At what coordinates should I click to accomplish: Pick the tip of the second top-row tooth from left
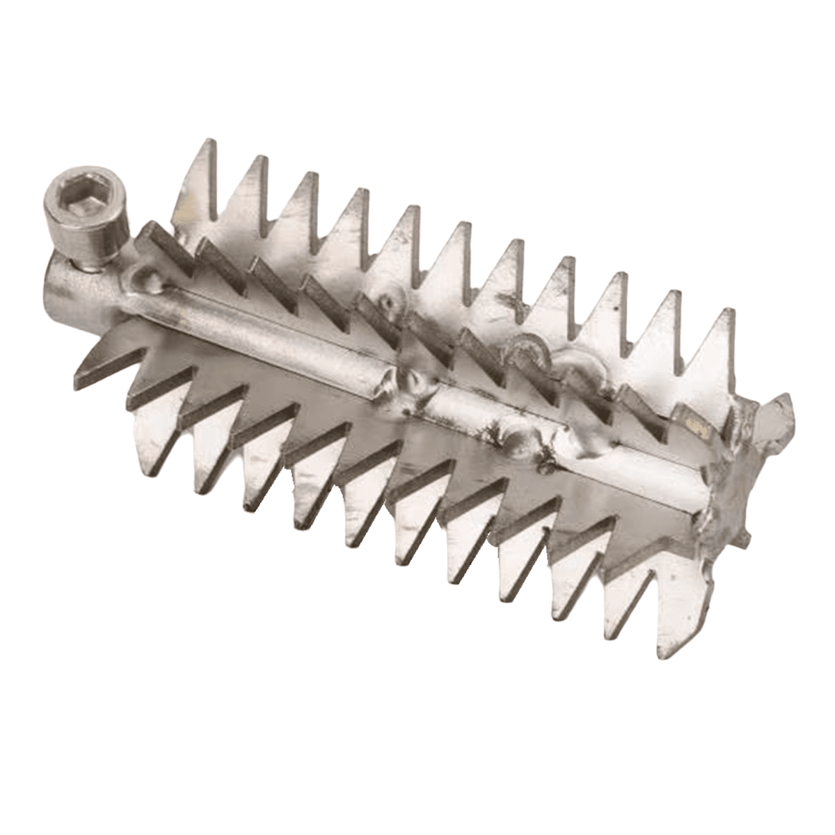pyautogui.click(x=262, y=157)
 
